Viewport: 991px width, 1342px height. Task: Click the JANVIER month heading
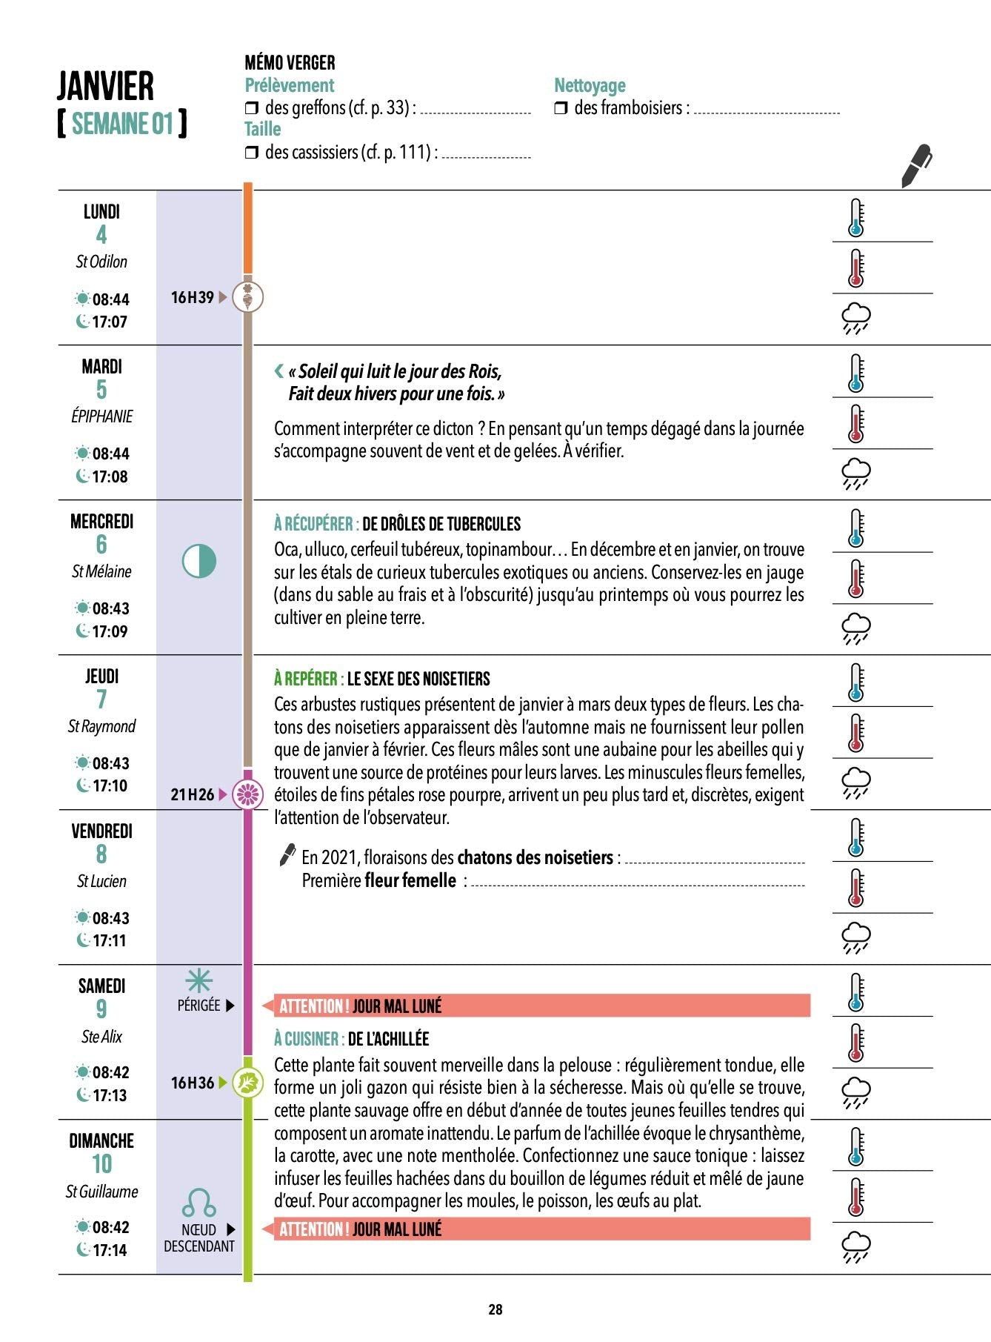pos(106,86)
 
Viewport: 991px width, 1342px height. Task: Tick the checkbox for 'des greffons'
pos(251,108)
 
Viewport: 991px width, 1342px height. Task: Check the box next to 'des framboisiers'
pos(561,108)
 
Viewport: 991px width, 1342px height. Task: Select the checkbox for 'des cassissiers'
pos(251,153)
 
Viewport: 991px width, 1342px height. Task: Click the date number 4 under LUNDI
pos(101,235)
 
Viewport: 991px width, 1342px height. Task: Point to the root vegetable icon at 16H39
pos(248,297)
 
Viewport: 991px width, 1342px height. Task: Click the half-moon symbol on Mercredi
pos(199,561)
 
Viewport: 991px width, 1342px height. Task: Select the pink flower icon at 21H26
pos(248,794)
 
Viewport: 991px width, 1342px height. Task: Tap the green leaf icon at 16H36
pos(248,1083)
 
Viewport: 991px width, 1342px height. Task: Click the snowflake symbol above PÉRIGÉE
pos(198,981)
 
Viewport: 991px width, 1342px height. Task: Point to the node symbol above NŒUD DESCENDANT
pos(198,1202)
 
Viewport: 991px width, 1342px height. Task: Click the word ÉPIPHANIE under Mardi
pos(102,416)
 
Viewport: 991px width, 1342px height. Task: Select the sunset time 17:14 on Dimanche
pos(110,1250)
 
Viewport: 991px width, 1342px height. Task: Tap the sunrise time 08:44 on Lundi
pos(110,299)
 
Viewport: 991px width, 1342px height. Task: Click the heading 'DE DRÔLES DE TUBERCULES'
pos(441,525)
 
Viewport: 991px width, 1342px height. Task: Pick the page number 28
pos(495,1309)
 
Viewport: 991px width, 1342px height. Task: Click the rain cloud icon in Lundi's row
pos(856,318)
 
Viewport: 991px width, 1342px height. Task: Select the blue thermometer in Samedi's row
pos(856,992)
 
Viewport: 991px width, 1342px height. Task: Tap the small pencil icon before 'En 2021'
pos(287,855)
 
